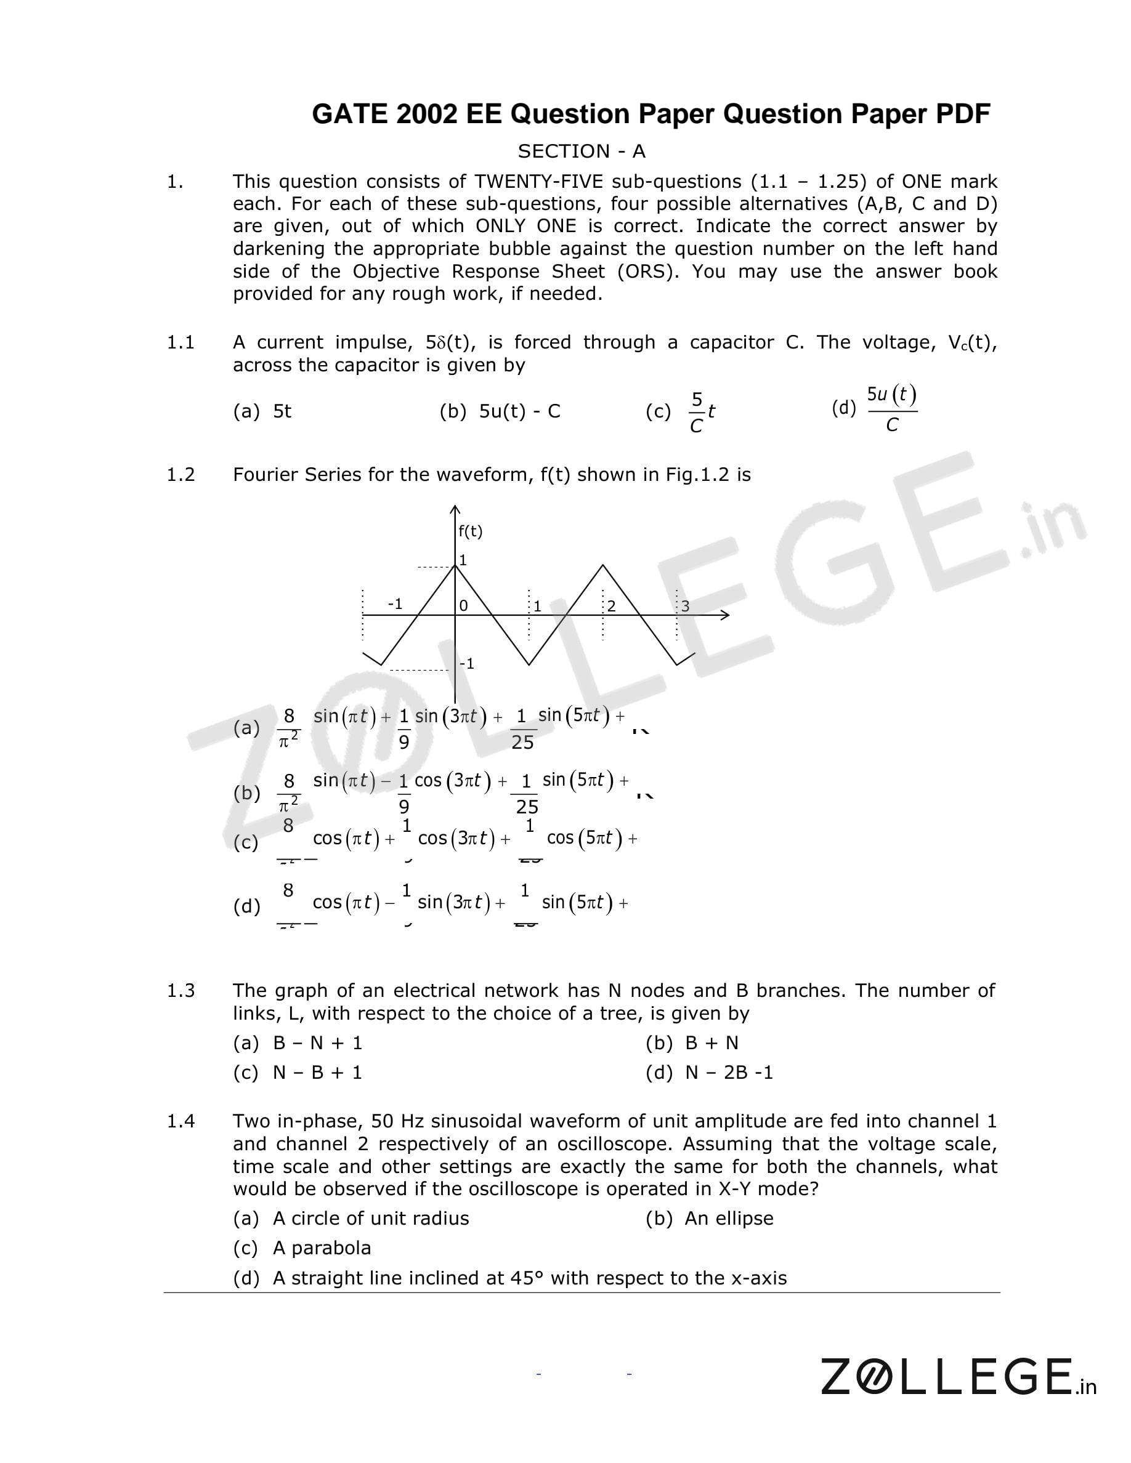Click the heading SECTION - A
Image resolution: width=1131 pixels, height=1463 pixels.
[581, 151]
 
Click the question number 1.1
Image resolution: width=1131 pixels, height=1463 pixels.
[180, 342]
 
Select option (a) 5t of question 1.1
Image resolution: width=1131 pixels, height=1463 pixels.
[262, 411]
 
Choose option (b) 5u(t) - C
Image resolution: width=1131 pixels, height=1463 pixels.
[500, 411]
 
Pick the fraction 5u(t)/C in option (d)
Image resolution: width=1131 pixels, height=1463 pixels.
[891, 409]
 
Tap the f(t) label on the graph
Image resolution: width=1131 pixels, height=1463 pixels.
[471, 531]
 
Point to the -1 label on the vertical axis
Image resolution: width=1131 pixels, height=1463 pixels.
[467, 663]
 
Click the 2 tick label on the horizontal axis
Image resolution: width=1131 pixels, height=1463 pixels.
[611, 607]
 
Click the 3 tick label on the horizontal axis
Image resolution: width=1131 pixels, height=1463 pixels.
[685, 607]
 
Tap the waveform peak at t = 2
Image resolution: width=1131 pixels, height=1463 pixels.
[603, 565]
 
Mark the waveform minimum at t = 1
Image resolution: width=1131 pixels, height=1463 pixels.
[529, 664]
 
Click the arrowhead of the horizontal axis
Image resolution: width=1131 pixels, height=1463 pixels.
[725, 615]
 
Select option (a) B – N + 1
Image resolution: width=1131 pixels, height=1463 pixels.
[298, 1043]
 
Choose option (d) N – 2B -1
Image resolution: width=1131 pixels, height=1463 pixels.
[709, 1073]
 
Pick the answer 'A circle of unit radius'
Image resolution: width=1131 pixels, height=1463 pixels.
[351, 1218]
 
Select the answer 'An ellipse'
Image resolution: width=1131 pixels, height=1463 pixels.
[709, 1218]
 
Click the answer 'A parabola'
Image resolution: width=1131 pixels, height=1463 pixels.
[302, 1248]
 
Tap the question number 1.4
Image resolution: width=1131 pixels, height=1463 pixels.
[180, 1121]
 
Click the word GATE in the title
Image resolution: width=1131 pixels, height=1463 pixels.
[349, 115]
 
